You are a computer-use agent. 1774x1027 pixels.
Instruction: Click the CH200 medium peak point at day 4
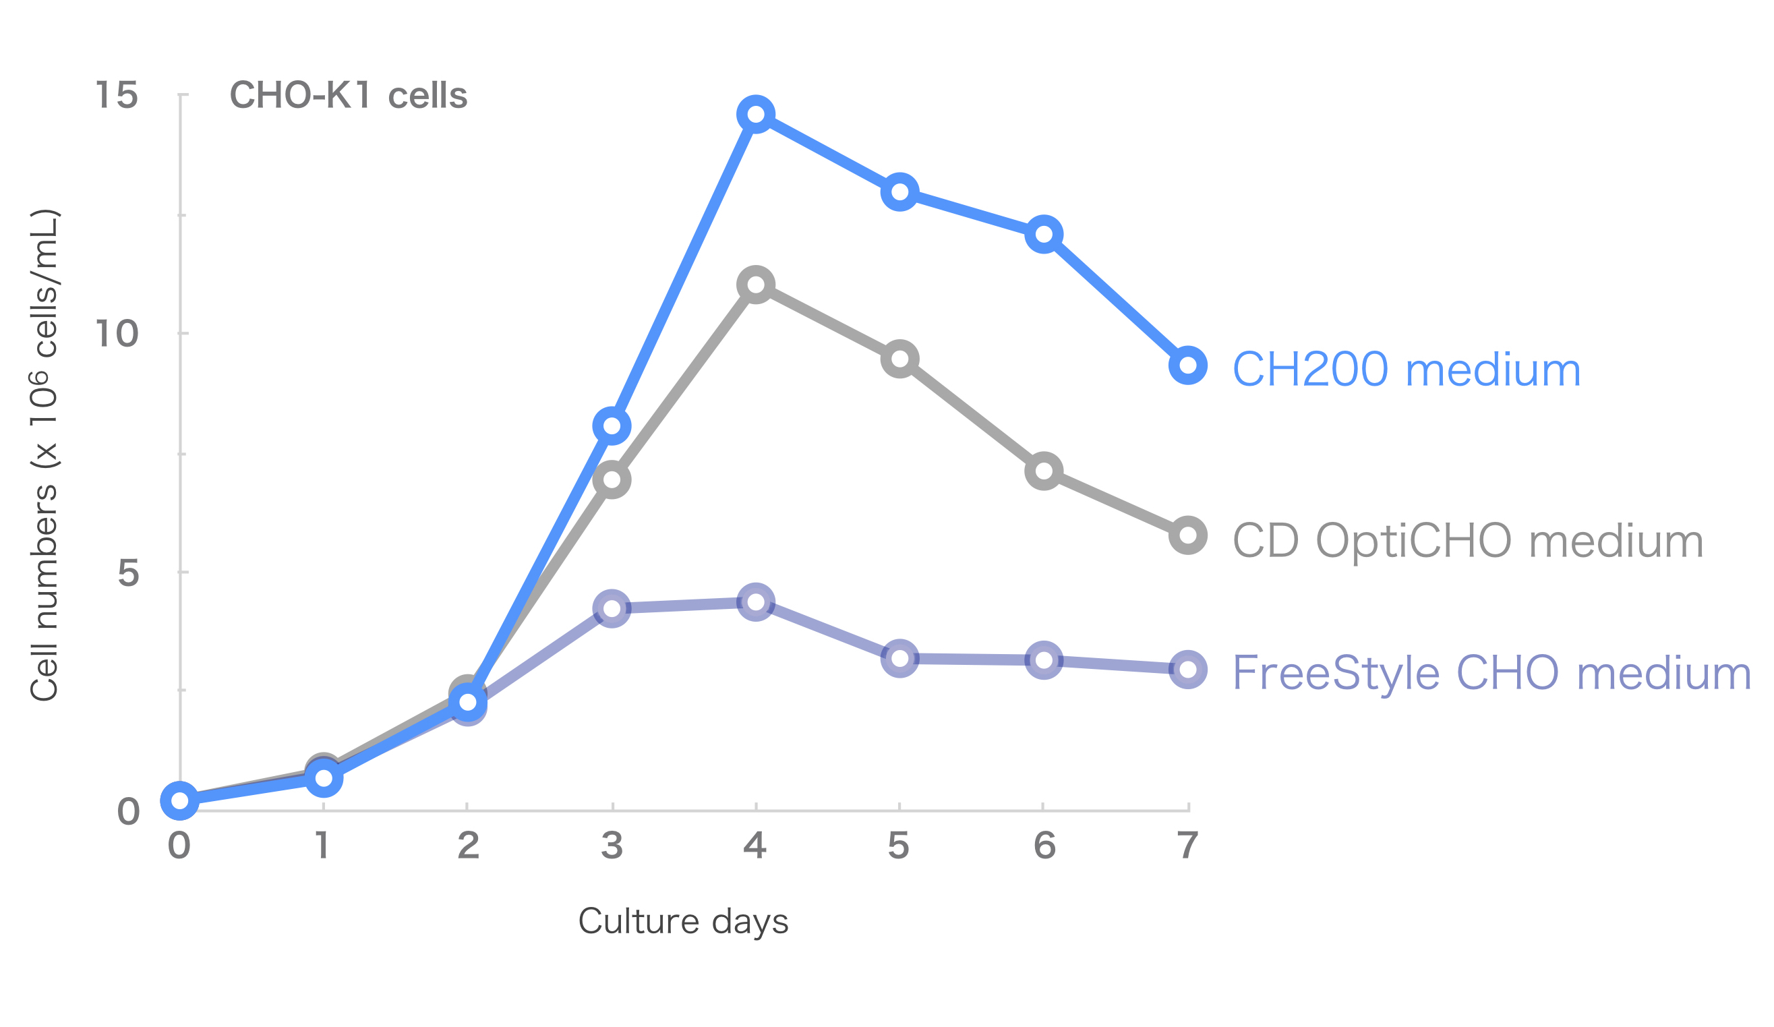755,114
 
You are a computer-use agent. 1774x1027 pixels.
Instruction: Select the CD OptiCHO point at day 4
755,285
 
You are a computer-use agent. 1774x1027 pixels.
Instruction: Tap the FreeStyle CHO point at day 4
755,602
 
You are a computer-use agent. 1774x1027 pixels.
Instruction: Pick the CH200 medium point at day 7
1187,365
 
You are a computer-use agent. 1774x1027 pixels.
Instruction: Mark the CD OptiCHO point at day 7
1187,535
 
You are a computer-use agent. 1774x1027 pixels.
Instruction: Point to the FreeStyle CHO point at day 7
1187,670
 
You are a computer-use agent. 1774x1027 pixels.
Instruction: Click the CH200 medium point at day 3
612,426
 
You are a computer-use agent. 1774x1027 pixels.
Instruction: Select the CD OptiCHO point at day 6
1043,471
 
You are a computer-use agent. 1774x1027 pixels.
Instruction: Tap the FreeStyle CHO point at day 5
899,658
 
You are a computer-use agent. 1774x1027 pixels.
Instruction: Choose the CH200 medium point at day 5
899,192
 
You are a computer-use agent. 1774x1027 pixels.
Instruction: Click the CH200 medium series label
1407,370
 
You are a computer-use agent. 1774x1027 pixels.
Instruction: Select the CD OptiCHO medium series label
1468,541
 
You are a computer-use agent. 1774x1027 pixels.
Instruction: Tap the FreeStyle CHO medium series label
1491,674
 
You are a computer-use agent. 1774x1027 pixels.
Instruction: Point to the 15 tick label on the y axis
117,94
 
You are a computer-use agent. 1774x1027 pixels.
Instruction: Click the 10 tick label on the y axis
117,333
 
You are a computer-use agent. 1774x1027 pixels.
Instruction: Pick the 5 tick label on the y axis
128,573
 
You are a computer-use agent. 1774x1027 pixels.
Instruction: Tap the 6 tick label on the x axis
1044,846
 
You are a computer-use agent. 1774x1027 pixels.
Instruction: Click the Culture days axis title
683,921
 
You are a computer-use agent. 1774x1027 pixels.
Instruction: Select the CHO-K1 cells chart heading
349,95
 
